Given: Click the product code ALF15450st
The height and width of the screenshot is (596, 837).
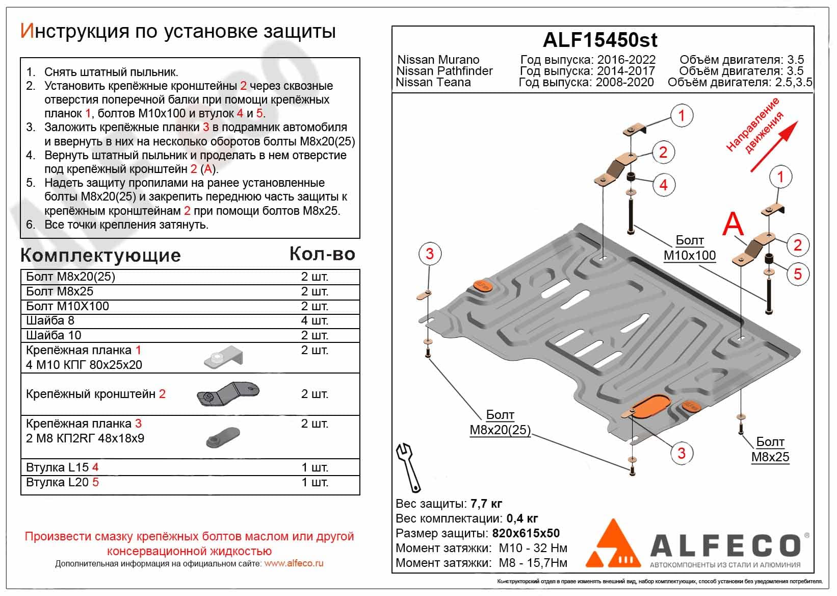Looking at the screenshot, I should [x=600, y=40].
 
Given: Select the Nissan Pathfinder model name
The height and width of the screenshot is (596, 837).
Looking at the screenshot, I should [x=444, y=71].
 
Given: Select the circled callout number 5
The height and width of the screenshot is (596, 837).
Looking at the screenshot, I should [x=797, y=274].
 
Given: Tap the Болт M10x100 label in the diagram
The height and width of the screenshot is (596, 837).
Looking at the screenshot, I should [x=689, y=248].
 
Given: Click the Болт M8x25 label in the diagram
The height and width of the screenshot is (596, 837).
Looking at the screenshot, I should [x=770, y=450].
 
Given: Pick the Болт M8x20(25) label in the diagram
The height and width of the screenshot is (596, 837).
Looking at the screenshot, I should [x=500, y=423].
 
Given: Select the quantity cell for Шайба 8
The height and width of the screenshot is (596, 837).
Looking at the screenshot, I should [x=315, y=320].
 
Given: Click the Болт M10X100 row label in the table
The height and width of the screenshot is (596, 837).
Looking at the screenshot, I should [x=67, y=306].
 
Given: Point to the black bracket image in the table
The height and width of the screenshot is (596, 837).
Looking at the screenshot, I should [x=228, y=394].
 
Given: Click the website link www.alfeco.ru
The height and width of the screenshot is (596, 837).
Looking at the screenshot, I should [x=294, y=564].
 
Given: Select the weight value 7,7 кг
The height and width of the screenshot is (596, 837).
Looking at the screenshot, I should [x=487, y=504].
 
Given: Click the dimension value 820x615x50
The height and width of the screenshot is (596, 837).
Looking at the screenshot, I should [x=526, y=534].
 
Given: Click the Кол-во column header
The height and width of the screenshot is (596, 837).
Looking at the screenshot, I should [x=322, y=254].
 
